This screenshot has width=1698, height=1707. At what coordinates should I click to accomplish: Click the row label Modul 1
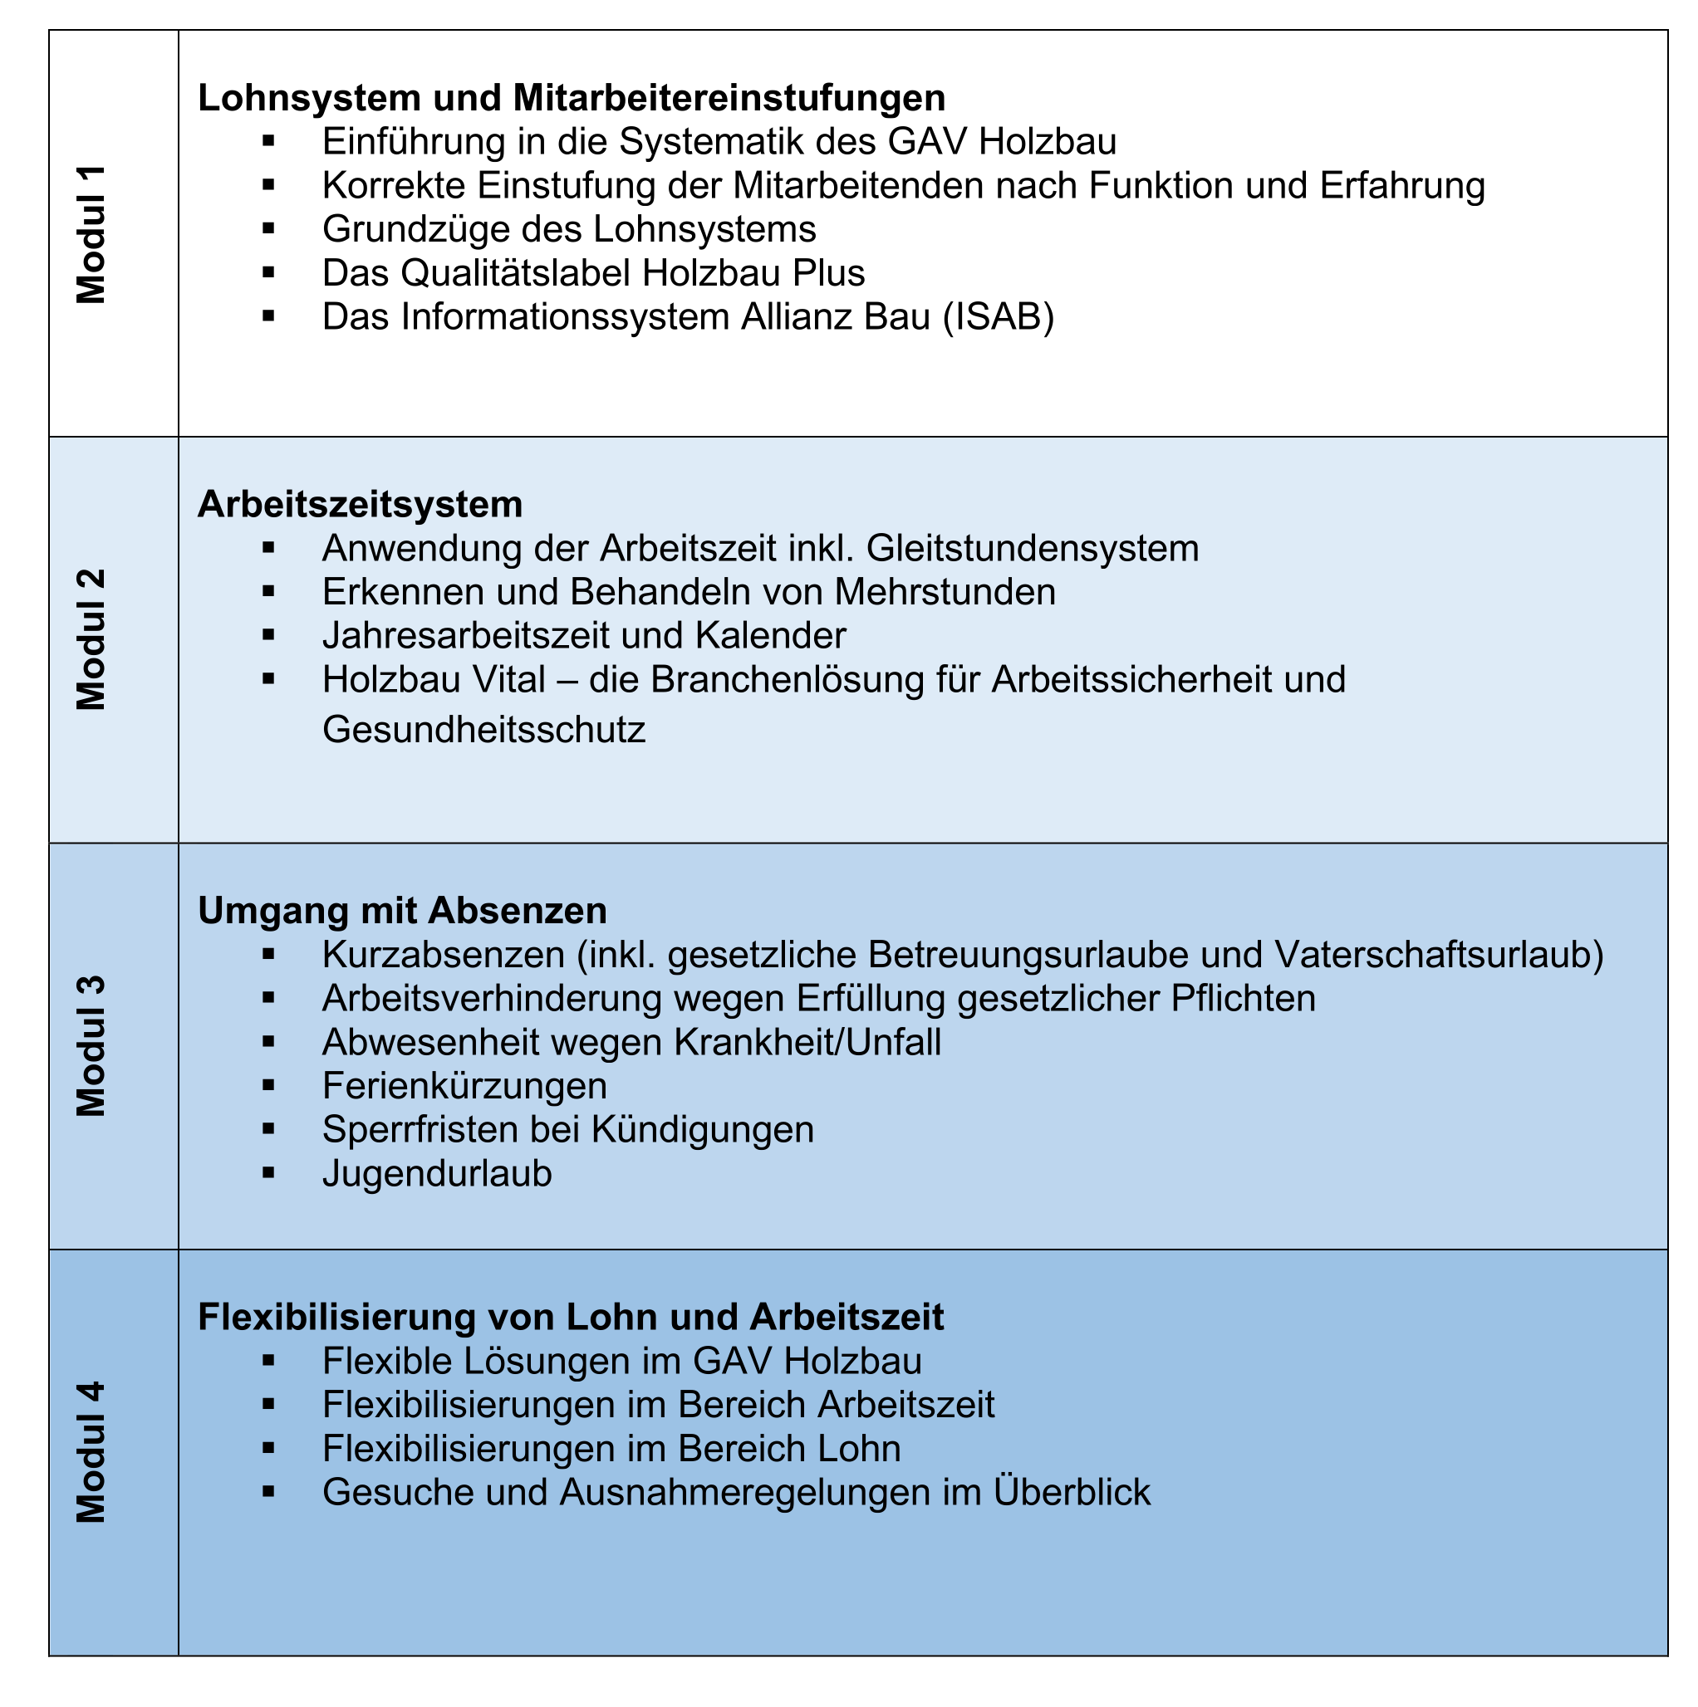coord(91,234)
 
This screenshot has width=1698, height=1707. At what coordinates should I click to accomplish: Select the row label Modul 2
coord(91,639)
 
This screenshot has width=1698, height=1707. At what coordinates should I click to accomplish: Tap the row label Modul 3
coord(91,1046)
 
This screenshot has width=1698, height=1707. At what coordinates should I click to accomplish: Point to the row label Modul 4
coord(91,1453)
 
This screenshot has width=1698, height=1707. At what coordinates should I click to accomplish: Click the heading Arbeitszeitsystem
coord(360,505)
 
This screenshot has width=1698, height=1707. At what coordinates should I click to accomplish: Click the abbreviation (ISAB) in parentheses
coord(998,317)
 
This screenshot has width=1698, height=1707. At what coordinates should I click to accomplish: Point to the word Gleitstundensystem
coord(1032,549)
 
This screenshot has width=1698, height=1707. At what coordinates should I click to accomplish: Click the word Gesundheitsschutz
coord(483,730)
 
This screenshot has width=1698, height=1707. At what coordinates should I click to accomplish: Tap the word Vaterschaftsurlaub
coord(1438,955)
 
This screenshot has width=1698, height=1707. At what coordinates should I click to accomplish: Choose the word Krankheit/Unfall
coord(807,1043)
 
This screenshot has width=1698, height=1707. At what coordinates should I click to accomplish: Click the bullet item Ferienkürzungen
coord(464,1086)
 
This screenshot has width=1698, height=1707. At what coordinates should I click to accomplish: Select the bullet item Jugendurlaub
coord(437,1174)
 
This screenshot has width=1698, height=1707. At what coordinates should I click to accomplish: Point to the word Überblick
coord(1072,1492)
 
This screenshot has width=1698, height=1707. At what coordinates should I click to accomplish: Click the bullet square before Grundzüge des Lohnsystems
coord(268,229)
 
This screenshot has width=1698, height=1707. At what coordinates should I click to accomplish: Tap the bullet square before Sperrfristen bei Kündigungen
coord(268,1129)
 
